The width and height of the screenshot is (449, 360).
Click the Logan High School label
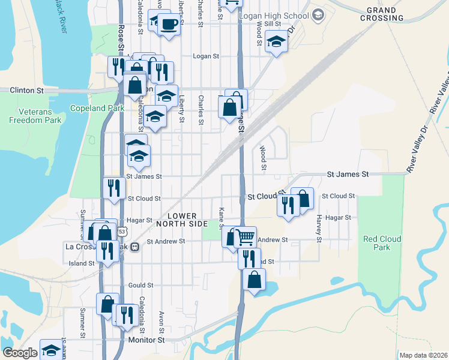274,14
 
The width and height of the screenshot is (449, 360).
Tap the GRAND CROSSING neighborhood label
382,14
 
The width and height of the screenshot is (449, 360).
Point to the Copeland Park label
97,108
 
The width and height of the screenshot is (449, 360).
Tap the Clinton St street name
27,91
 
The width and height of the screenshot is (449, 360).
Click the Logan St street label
205,56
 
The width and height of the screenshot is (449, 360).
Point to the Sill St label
273,23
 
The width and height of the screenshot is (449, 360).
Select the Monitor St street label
146,340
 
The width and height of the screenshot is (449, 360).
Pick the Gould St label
141,286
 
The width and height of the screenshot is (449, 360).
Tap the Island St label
78,263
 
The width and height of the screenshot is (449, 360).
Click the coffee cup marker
169,24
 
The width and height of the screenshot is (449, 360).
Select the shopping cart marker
245,237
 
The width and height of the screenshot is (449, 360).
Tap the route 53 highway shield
122,231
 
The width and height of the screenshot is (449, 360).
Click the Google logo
20,353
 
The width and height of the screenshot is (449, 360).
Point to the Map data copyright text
423,355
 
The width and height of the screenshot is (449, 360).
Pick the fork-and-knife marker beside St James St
113,187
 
